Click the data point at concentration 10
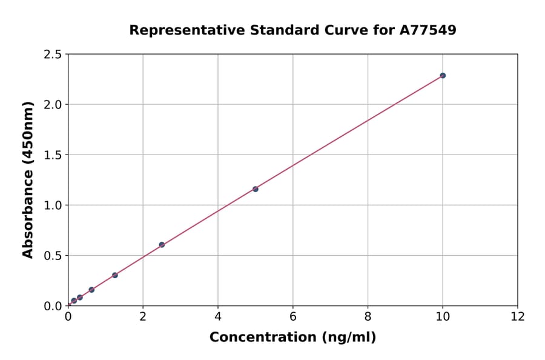click(443, 75)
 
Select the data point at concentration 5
click(256, 189)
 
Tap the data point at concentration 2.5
click(162, 245)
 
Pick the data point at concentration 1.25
click(115, 275)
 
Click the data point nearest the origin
click(74, 301)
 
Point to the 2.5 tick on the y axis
click(53, 55)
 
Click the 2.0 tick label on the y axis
click(53, 105)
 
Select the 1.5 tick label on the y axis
click(53, 155)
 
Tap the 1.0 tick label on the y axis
click(53, 205)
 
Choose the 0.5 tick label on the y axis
click(53, 256)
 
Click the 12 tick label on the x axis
click(517, 316)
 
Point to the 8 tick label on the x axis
click(368, 316)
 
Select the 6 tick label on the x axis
click(292, 316)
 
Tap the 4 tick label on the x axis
click(218, 316)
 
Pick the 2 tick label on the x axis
click(143, 316)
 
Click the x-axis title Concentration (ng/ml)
click(292, 338)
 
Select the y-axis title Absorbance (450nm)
click(28, 179)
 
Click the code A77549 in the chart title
click(428, 30)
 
